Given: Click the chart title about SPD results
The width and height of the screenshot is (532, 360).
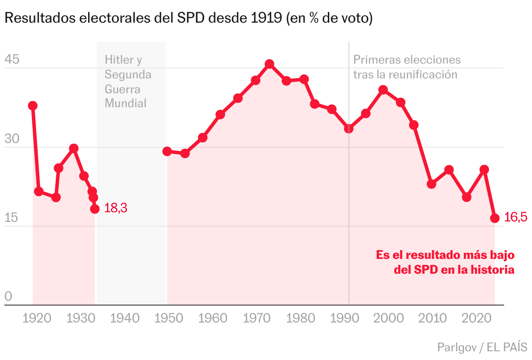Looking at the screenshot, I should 188,19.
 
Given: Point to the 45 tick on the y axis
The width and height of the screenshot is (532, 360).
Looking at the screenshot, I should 12,60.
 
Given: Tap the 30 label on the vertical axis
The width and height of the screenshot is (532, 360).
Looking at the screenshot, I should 12,139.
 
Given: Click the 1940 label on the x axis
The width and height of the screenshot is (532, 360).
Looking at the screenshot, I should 125,318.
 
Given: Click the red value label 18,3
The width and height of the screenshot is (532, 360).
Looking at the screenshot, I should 116,208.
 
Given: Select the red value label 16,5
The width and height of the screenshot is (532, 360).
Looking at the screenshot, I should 515,217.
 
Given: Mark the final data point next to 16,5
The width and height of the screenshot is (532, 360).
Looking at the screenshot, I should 495,218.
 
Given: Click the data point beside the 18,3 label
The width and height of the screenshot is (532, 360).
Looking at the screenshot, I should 95,209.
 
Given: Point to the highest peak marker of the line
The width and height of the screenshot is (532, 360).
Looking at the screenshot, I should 269,64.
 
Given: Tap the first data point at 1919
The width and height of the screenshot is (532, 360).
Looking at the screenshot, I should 33,106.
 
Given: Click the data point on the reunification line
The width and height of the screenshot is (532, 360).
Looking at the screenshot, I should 348,129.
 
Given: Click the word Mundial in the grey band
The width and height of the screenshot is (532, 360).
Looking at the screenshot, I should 126,103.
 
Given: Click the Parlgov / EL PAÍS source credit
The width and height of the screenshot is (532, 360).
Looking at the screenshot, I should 482,347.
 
